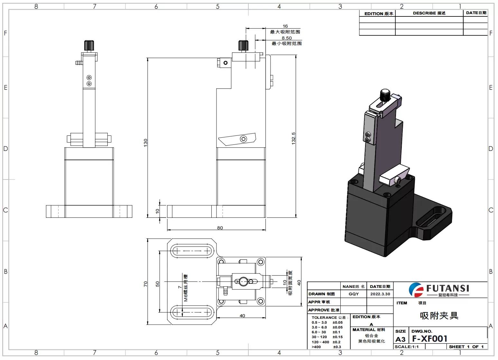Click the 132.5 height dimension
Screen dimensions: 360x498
293,138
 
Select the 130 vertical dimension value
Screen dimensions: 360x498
145,143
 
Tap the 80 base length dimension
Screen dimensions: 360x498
220,228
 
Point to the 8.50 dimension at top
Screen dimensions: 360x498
286,38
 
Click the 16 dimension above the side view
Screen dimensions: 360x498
285,26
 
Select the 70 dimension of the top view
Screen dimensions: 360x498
145,284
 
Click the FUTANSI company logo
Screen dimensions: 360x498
439,289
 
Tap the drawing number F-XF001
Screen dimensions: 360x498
429,339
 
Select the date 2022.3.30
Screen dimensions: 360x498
380,294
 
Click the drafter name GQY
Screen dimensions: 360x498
354,294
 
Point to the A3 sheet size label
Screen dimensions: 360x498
400,339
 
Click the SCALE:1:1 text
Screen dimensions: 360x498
407,347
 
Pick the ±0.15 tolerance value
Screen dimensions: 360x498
337,337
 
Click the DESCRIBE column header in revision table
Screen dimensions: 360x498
429,13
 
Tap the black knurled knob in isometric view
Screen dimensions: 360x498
385,95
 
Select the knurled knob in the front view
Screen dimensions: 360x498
89,45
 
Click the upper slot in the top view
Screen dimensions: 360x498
192,251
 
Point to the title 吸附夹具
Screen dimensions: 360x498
439,316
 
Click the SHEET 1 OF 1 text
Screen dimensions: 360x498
466,347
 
